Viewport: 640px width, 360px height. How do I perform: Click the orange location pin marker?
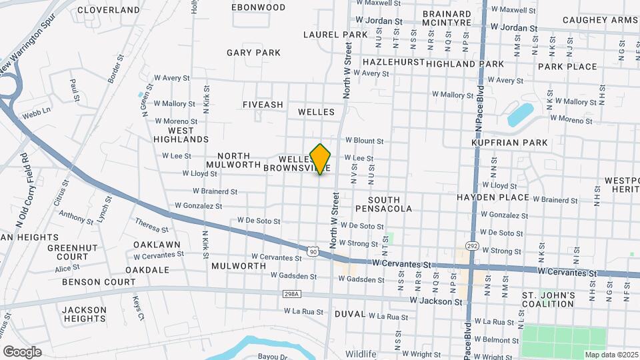click(321, 159)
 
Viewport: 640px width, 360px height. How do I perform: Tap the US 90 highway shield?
click(313, 250)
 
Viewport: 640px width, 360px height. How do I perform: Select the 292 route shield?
click(471, 246)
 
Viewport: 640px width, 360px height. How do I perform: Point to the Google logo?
click(22, 352)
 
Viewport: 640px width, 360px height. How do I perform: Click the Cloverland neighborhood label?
click(109, 10)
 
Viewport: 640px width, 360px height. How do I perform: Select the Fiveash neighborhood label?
click(263, 105)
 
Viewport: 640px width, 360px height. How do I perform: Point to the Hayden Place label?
click(493, 197)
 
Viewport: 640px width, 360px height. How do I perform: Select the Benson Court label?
click(99, 282)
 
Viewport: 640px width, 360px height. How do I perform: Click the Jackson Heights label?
click(84, 314)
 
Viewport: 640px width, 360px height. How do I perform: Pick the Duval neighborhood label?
click(349, 313)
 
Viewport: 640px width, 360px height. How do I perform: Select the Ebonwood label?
click(258, 7)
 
